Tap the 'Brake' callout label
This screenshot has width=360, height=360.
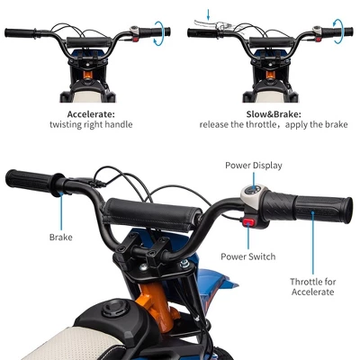(60, 238)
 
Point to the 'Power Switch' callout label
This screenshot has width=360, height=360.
(247, 256)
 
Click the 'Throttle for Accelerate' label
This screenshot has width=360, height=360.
(311, 286)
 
